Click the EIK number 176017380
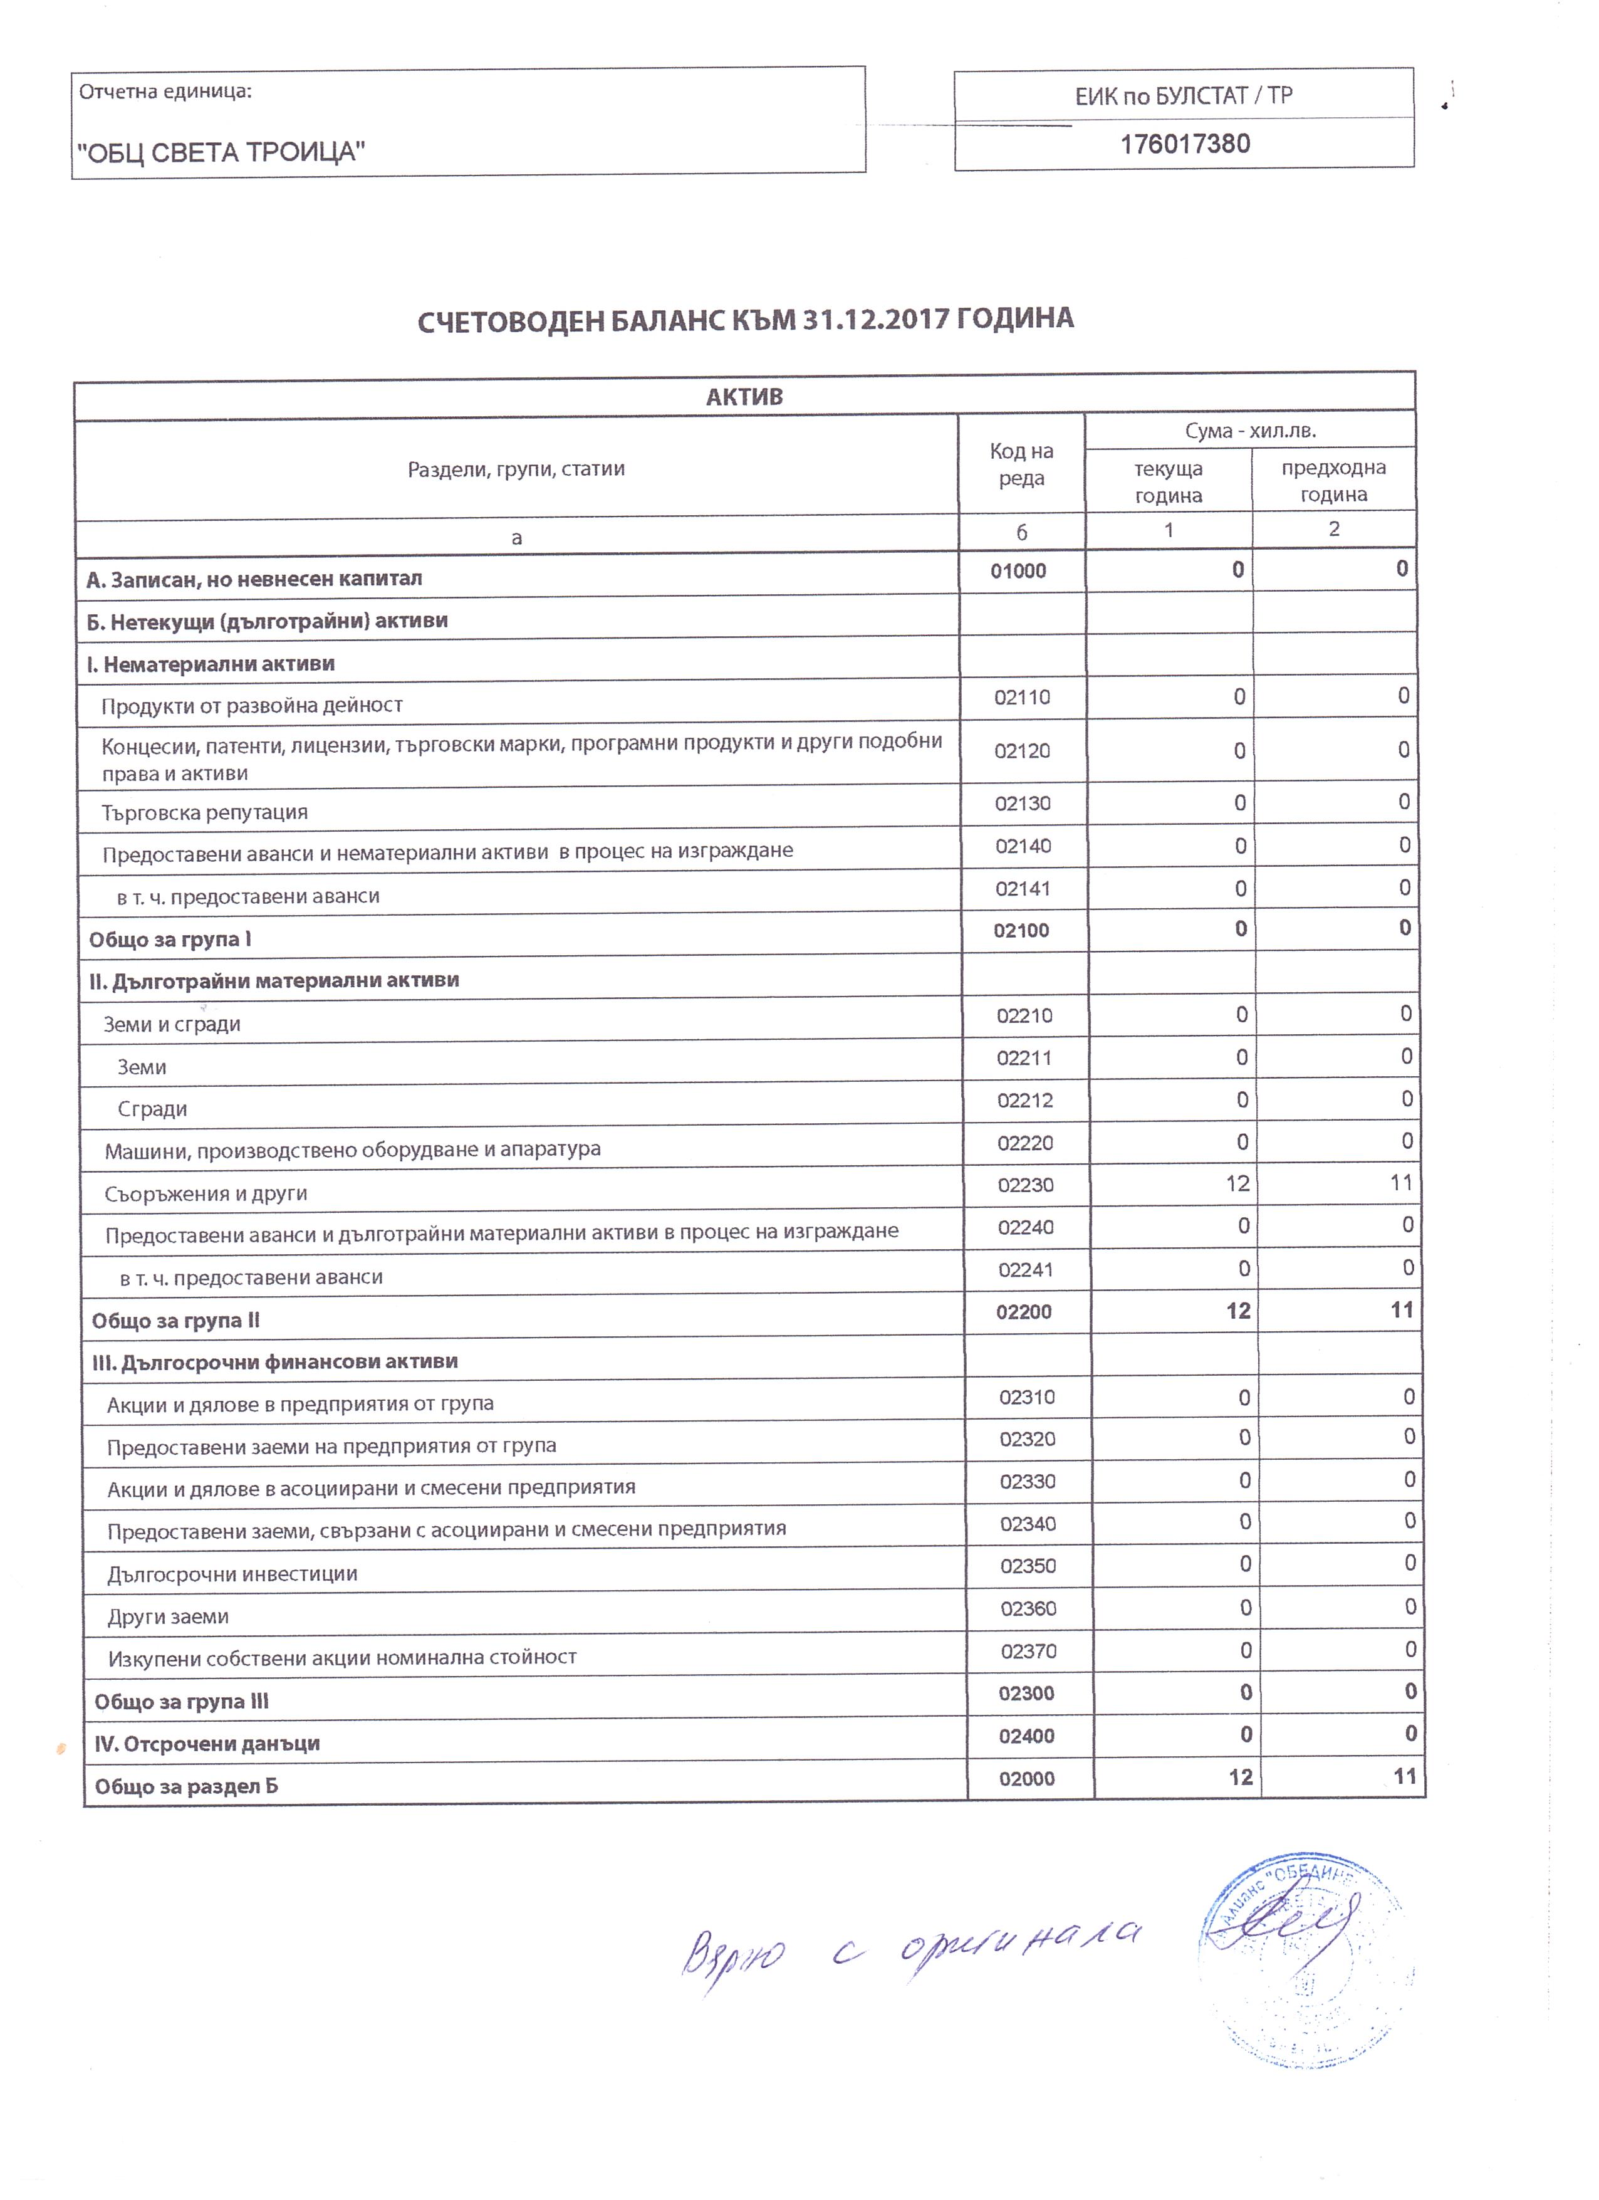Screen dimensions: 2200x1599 (x=1184, y=145)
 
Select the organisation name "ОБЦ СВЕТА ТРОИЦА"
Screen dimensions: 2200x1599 (x=221, y=152)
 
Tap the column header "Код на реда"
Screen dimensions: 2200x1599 (x=1021, y=464)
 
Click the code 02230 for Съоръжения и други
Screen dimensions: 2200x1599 (x=1025, y=1185)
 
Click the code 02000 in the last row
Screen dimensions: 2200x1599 (x=1027, y=1778)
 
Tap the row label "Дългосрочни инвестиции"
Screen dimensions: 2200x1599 (x=232, y=1574)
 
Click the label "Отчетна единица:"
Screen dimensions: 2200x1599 (x=165, y=92)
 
